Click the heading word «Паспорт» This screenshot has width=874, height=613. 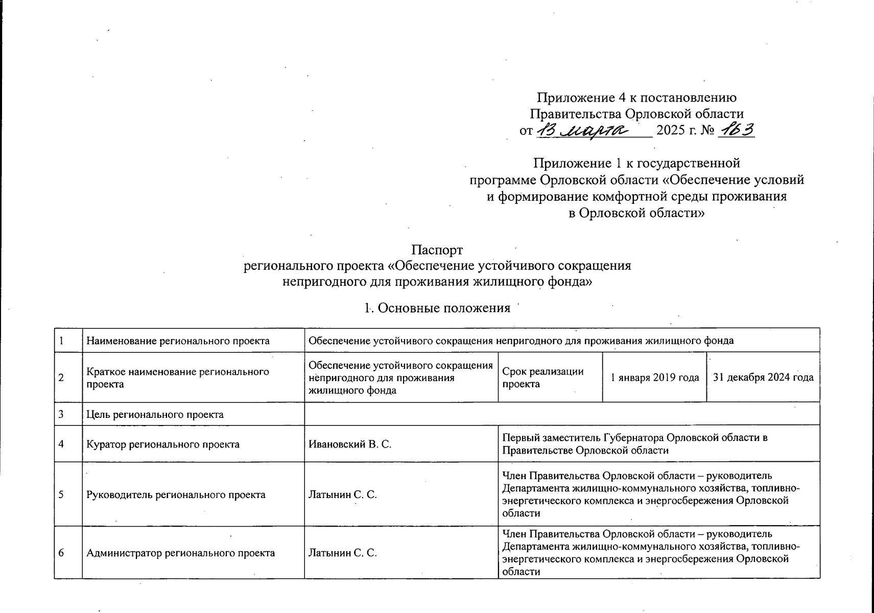pos(437,250)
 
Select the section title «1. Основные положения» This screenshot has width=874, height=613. pos(437,308)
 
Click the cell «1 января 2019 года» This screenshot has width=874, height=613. pos(655,378)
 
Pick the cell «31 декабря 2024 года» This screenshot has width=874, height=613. pos(763,378)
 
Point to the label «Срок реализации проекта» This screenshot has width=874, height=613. pos(542,378)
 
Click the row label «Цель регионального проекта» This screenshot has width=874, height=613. pos(155,414)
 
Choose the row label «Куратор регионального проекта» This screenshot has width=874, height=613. pos(163,444)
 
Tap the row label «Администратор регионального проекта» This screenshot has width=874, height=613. pos(181,553)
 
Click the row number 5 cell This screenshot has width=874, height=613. pos(62,494)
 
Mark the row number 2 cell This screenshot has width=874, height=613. pos(62,378)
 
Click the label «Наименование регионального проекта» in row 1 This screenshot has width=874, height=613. pos(178,341)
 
